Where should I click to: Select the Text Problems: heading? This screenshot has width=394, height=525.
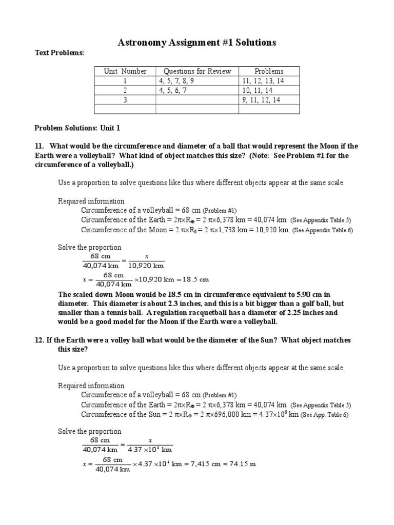pos(59,53)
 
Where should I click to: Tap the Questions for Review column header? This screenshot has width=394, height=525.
pos(197,71)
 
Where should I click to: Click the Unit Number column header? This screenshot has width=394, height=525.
pos(125,71)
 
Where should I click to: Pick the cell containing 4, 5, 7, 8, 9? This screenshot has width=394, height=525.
pos(176,81)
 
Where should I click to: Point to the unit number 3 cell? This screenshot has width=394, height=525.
pos(125,100)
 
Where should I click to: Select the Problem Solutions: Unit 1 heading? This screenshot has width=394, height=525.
pos(77,128)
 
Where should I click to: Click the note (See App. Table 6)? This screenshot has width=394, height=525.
pos(324,415)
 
